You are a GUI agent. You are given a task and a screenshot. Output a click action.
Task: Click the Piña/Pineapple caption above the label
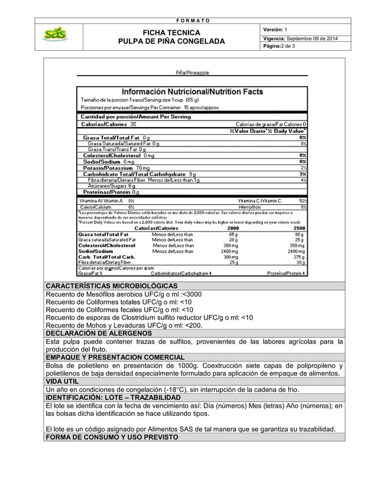[x=192, y=73]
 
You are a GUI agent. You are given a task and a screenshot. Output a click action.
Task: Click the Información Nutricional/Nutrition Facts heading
[x=192, y=92]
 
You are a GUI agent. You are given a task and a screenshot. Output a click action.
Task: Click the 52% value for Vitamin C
[x=303, y=201]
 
